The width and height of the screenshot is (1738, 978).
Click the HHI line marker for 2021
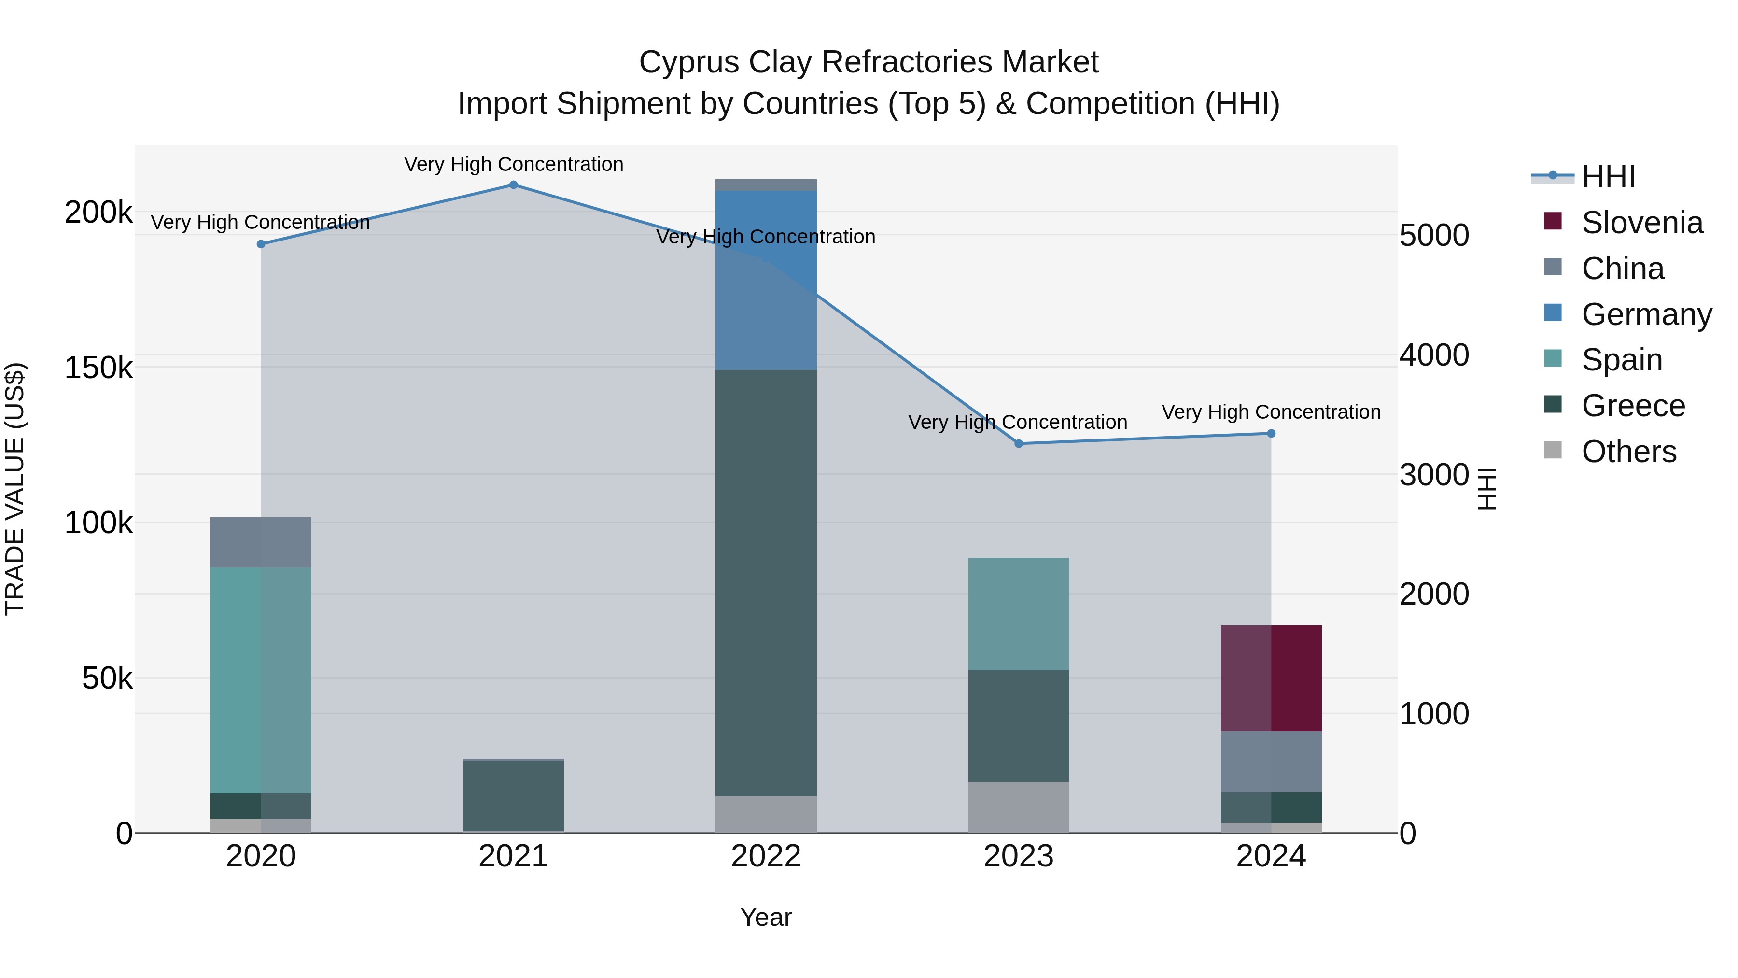(514, 185)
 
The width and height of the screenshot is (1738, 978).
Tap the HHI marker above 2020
(261, 244)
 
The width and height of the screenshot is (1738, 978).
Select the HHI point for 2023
(1019, 443)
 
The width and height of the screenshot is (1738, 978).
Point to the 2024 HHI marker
(1271, 433)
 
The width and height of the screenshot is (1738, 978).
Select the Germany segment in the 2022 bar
(766, 280)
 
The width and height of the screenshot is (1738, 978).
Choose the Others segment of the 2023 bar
(1019, 807)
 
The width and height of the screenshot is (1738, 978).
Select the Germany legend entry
(1646, 314)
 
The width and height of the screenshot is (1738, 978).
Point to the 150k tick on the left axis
(98, 368)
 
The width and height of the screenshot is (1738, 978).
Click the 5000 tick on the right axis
(1434, 236)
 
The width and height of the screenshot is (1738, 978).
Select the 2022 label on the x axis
(766, 856)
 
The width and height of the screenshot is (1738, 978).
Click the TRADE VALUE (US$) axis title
(15, 489)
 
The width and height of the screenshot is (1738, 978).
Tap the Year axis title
(766, 917)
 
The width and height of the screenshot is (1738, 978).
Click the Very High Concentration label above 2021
(514, 164)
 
